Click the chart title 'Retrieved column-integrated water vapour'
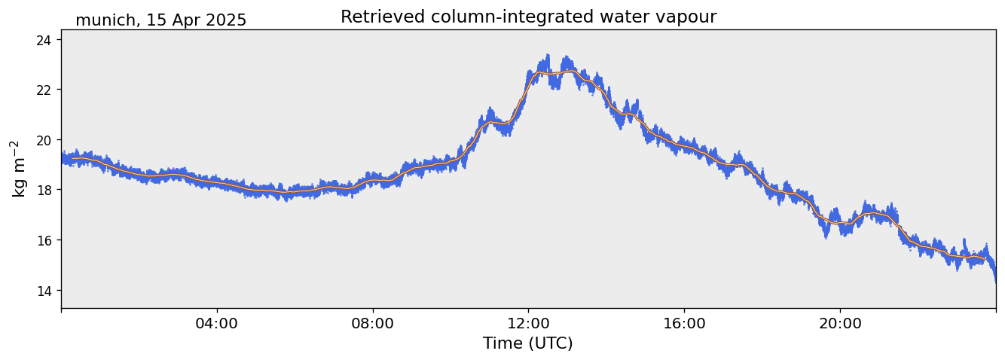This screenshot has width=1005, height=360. point(528,17)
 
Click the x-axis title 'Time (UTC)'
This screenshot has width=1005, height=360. point(528,343)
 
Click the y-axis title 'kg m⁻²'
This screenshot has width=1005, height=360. point(17,169)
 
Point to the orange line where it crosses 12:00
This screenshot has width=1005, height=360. point(528,82)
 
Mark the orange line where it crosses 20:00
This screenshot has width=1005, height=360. point(840,224)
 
